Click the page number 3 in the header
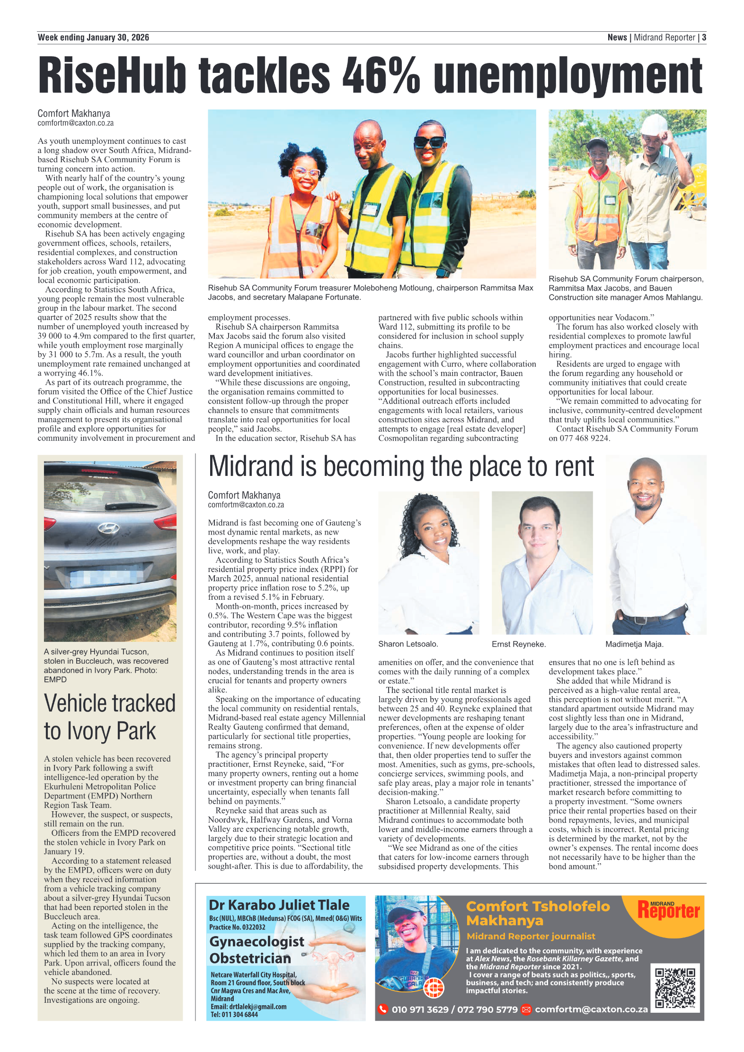point(704,37)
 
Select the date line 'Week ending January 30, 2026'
point(93,37)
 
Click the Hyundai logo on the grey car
point(108,528)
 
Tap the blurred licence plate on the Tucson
point(106,577)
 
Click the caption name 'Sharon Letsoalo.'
point(408,644)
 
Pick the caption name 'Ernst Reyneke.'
point(519,644)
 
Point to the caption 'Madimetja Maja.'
point(634,644)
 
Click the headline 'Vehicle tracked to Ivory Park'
point(109,717)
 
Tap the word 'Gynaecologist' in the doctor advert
point(257,941)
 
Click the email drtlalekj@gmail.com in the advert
point(248,1007)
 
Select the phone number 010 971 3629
point(420,1009)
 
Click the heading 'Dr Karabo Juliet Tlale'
point(279,905)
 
